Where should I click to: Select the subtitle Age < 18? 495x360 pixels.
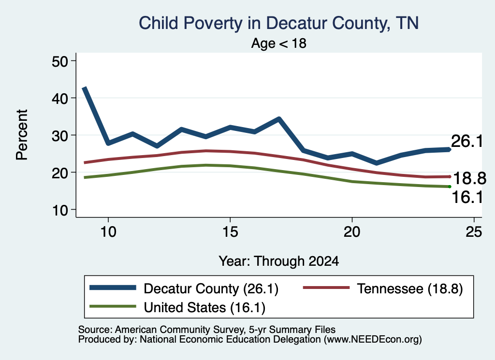pos(279,43)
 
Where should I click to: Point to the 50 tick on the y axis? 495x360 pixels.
pos(59,61)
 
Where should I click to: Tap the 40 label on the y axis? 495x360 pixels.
pos(59,99)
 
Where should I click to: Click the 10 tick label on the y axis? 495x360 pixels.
pos(59,210)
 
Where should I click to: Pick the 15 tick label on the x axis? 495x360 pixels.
pos(230,232)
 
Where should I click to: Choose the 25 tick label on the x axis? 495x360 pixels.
pos(474,232)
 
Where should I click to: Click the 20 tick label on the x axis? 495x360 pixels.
pos(352,232)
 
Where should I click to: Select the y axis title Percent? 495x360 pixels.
pos(22,135)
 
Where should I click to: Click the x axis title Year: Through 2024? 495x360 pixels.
pos(279,261)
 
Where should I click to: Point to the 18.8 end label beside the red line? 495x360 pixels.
pos(469,178)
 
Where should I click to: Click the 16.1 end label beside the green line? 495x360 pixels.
pos(467,197)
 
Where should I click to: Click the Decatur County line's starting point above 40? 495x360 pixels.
pos(84,88)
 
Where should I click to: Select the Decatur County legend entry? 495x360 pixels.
pos(184,288)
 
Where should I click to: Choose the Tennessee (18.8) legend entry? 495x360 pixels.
pos(383,288)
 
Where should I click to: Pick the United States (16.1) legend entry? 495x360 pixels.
pos(177,307)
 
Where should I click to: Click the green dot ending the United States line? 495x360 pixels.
pos(450,187)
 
